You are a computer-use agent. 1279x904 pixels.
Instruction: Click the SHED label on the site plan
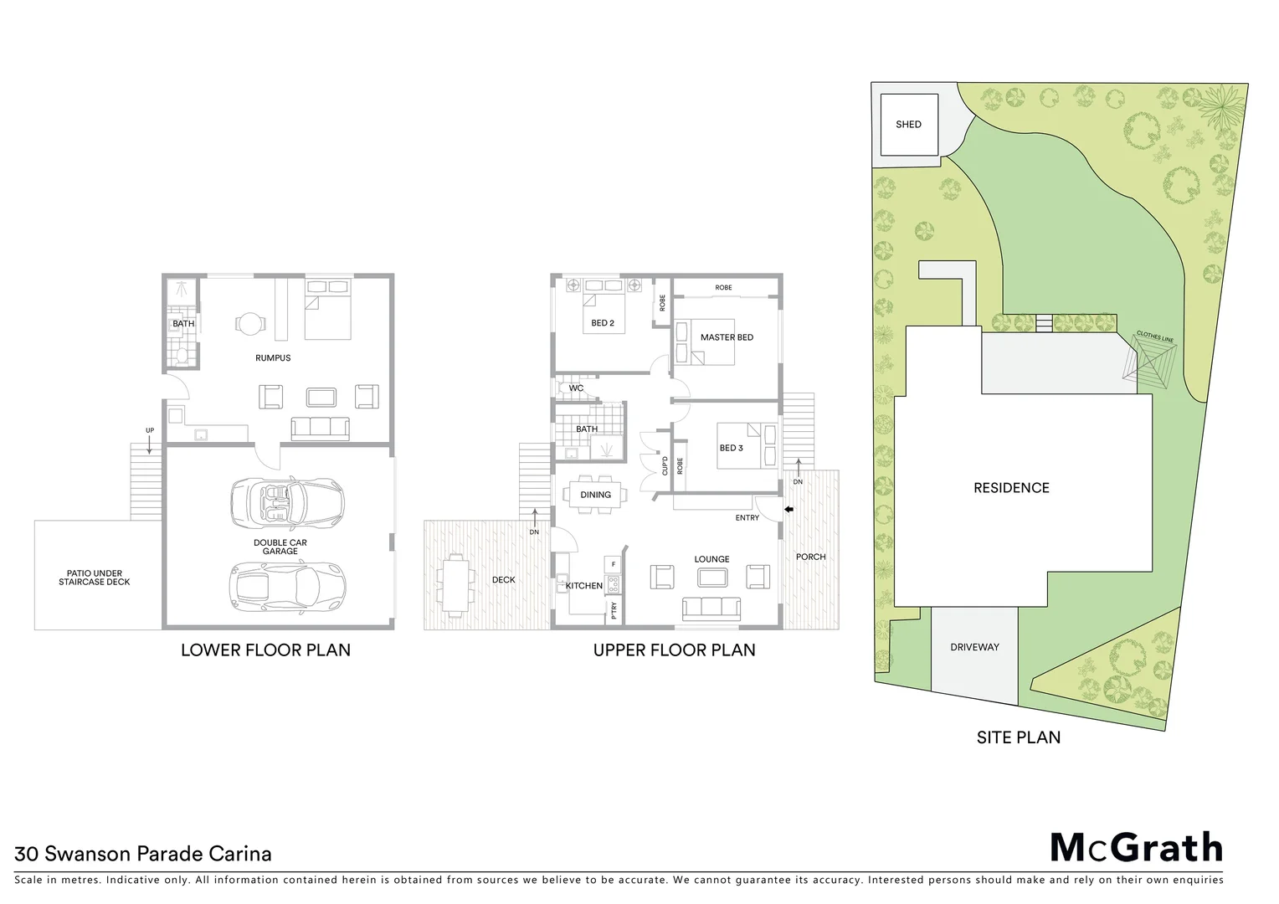click(908, 125)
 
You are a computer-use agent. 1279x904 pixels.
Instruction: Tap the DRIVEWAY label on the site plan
click(974, 647)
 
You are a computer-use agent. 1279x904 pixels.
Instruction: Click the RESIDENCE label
click(1011, 488)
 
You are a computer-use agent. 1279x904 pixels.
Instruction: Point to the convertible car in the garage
click(287, 501)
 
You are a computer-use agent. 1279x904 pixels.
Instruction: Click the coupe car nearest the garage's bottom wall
click(287, 584)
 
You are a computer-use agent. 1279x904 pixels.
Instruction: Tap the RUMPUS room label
click(273, 358)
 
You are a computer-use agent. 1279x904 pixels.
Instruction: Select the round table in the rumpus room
click(249, 322)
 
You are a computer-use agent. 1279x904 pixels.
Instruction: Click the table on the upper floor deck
click(455, 583)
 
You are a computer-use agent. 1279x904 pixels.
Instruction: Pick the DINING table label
click(596, 495)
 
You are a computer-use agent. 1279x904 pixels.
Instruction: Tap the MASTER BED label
click(727, 337)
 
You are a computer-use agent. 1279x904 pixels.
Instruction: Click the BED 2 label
click(603, 323)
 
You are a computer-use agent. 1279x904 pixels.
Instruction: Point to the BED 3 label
click(731, 448)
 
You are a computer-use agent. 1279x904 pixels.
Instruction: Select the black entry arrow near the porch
click(788, 508)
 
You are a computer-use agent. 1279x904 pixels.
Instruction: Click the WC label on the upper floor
click(576, 388)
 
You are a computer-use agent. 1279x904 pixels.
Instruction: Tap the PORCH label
click(810, 557)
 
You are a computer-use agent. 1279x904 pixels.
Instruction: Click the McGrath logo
click(1136, 848)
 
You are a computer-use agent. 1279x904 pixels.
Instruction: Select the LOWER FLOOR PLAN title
click(265, 650)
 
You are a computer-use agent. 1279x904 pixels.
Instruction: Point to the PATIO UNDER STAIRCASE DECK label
click(95, 578)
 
